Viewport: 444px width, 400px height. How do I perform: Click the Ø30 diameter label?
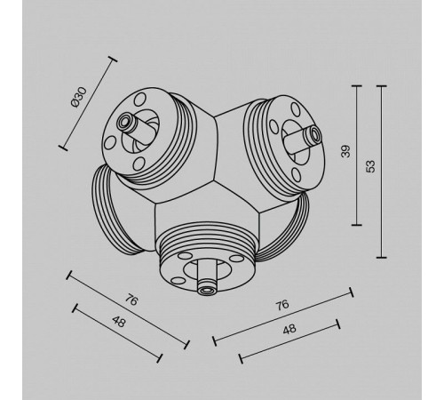(79, 97)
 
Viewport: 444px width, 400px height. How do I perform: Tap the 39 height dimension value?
(345, 151)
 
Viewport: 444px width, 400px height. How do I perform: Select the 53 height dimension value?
(370, 166)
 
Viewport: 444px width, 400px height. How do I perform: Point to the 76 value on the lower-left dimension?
(131, 300)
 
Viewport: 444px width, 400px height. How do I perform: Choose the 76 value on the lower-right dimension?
(282, 305)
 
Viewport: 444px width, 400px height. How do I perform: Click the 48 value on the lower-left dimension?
(119, 322)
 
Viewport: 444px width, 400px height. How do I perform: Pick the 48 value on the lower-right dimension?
(289, 329)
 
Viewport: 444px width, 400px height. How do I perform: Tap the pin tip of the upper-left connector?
(123, 122)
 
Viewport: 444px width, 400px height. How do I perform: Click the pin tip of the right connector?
(314, 135)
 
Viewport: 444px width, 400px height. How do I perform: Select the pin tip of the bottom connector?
(207, 290)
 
